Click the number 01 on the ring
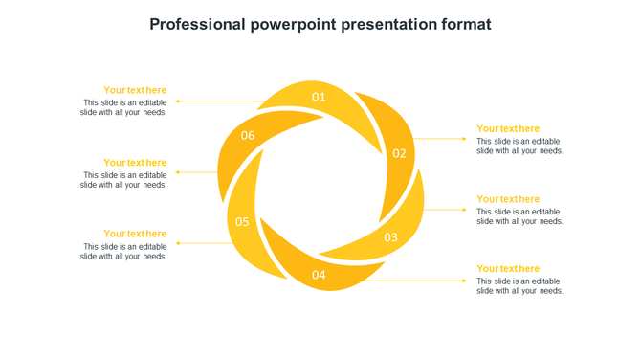319,97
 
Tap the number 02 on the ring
399,153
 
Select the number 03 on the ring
390,237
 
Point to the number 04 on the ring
319,276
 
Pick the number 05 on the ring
242,222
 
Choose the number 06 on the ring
248,136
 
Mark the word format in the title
466,24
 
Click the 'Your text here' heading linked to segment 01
135,90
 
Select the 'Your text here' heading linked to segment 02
508,128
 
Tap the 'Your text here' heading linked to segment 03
508,199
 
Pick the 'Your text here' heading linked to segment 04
508,269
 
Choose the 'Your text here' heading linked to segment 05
135,234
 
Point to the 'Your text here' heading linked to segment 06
135,163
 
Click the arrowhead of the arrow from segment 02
465,139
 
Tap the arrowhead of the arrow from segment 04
465,281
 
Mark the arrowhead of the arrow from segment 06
179,172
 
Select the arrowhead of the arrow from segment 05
179,243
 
